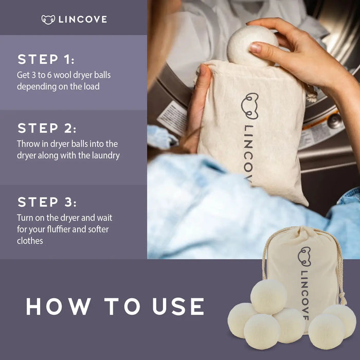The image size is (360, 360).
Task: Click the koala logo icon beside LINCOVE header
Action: [x=48, y=20]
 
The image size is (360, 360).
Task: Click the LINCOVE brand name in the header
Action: [x=83, y=20]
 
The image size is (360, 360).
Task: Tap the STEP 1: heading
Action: [x=46, y=59]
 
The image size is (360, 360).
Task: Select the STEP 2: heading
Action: [x=47, y=128]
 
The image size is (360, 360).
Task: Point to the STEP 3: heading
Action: [x=47, y=202]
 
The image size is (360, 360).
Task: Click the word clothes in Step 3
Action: [x=30, y=241]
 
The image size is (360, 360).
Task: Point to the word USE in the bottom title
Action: [x=178, y=307]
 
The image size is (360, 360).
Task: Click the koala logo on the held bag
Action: [x=250, y=105]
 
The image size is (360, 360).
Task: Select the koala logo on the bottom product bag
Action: [x=304, y=257]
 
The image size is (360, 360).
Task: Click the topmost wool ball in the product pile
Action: [x=268, y=297]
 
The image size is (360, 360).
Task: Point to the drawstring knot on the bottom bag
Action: [x=343, y=297]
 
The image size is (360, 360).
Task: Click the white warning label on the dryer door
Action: [x=172, y=117]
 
